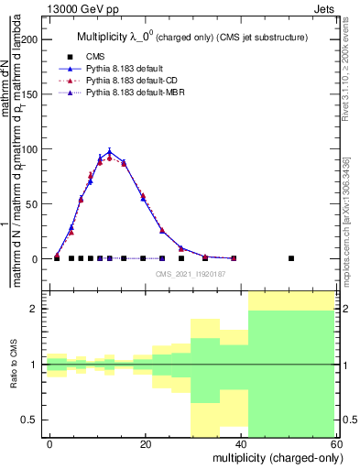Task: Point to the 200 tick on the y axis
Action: (x=29, y=39)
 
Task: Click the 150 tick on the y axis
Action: (x=29, y=94)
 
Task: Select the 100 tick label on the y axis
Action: (x=29, y=149)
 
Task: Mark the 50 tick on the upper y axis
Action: (x=32, y=204)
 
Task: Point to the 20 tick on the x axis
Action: (x=145, y=443)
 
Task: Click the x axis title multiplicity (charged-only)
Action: (x=272, y=457)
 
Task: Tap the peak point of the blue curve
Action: (x=110, y=152)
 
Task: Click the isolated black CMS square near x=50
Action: (x=291, y=258)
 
